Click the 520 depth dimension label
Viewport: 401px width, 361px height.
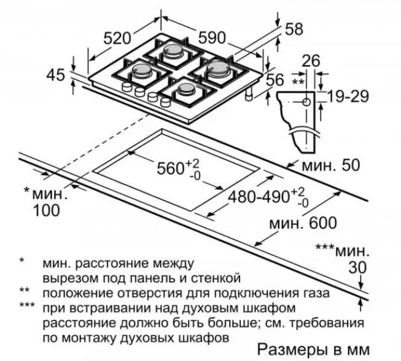point(117,38)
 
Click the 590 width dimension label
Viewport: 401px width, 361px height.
point(212,38)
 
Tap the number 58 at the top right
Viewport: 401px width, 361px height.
point(294,29)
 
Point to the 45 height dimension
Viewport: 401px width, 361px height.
point(55,75)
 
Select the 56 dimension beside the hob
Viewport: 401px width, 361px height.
point(274,79)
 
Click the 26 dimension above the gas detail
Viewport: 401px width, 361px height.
point(311,61)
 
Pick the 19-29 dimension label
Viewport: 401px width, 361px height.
point(348,97)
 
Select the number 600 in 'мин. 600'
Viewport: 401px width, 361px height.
point(323,223)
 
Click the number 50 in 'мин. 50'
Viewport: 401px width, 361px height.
point(351,165)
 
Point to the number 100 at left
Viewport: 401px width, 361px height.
point(47,210)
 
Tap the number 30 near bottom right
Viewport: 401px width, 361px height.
point(357,268)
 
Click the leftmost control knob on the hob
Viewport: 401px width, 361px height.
point(127,87)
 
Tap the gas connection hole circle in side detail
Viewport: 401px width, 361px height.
point(306,102)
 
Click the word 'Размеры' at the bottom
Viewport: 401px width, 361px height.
point(288,350)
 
